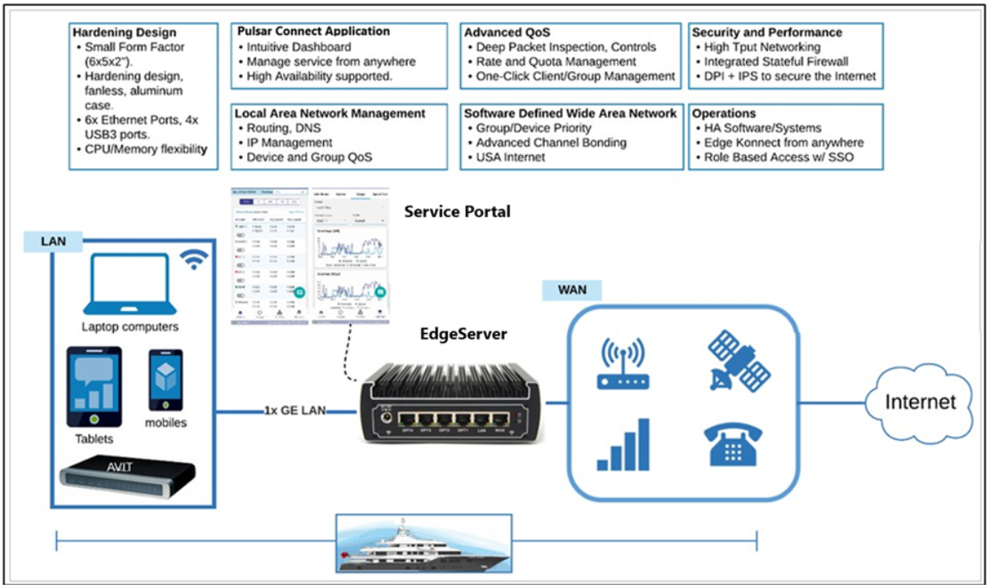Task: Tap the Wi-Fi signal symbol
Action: [x=194, y=259]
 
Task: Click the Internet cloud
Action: [x=919, y=402]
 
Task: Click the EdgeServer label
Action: [x=463, y=335]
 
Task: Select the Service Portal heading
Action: [x=457, y=212]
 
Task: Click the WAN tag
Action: [x=571, y=290]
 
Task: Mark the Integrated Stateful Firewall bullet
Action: [x=775, y=62]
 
